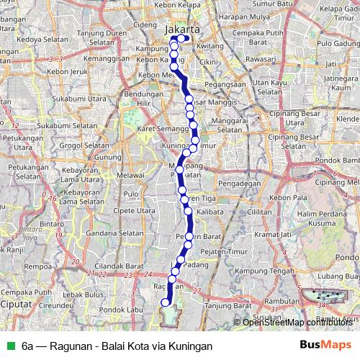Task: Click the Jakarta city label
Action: point(182,30)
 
